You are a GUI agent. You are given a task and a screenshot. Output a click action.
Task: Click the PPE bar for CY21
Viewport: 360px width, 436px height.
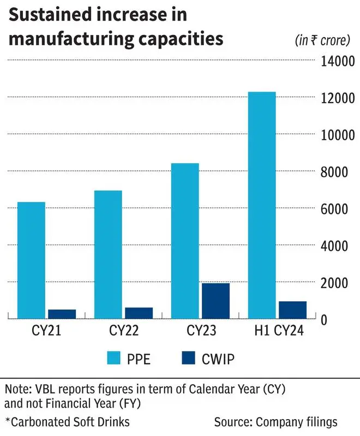[31, 260]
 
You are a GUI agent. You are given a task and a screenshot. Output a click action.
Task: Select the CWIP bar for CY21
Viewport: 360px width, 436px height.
[62, 314]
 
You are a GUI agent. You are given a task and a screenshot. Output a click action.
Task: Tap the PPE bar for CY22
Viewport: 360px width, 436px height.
[108, 254]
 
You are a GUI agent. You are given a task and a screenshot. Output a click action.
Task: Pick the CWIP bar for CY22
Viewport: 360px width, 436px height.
[139, 313]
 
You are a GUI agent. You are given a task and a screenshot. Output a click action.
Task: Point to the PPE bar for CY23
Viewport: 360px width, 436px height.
[185, 241]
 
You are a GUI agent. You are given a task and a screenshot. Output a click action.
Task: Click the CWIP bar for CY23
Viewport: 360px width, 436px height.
[215, 301]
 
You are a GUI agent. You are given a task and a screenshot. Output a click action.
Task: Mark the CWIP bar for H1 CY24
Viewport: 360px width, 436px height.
[292, 309]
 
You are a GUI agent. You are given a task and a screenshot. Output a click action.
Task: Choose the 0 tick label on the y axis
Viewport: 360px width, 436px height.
[324, 320]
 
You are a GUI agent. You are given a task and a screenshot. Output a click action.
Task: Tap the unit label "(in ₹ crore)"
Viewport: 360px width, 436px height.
[325, 40]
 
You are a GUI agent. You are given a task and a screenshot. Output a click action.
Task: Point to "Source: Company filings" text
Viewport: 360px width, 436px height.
[276, 422]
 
